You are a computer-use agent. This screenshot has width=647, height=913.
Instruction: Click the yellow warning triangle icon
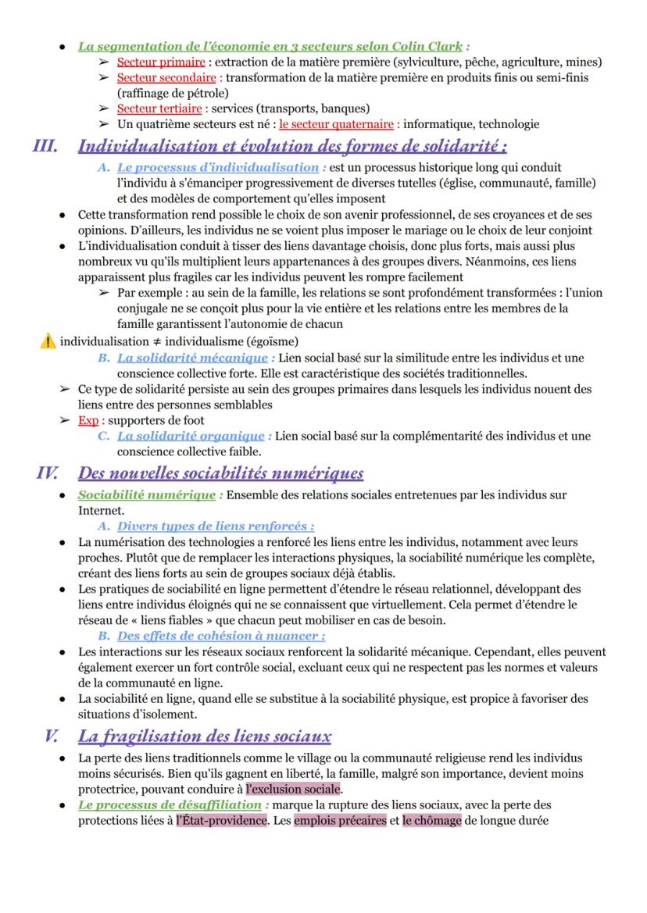point(48,341)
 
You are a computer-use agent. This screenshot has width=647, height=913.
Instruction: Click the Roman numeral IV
point(48,473)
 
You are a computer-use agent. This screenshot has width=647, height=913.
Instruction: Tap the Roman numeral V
point(52,736)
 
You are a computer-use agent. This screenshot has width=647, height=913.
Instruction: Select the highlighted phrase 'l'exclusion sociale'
point(293,789)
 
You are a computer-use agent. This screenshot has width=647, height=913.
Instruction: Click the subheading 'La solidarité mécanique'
point(192,358)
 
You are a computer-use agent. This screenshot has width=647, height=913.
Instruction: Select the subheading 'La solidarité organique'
point(191,436)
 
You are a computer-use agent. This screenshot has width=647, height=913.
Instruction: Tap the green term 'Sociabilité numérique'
point(147,494)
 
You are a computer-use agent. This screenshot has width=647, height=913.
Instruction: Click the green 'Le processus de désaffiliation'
point(170,804)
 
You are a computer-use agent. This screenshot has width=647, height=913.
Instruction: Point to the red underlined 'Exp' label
point(88,420)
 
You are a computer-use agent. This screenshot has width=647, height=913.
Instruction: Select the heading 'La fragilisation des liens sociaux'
point(205,736)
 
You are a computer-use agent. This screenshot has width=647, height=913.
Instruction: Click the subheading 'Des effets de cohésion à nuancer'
point(220,636)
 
